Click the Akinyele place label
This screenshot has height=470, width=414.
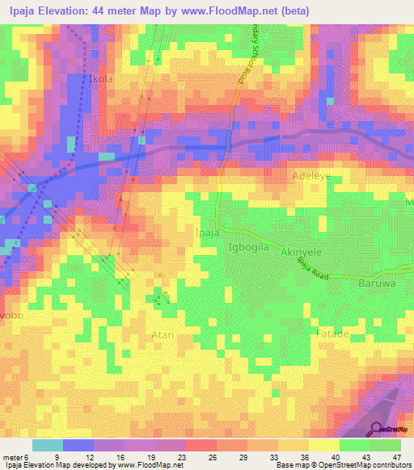point(302,252)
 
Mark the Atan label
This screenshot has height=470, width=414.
point(163,334)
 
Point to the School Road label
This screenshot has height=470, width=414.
point(242,57)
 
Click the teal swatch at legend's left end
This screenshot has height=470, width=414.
point(48,445)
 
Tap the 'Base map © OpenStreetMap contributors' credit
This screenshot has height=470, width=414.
point(342,465)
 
